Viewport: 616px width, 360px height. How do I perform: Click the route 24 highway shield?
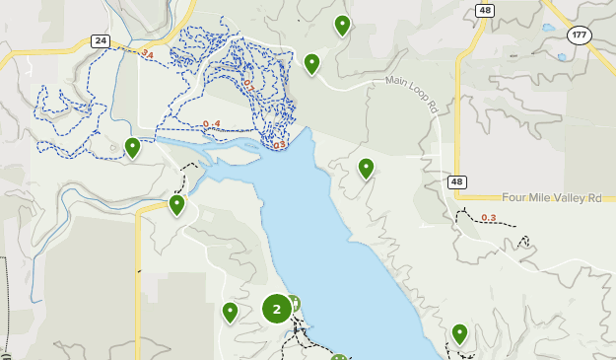click(x=100, y=40)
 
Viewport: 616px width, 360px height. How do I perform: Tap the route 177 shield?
click(x=578, y=35)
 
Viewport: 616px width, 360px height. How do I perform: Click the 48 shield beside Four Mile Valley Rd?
click(x=457, y=181)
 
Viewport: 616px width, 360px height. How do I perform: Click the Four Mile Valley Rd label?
click(x=551, y=197)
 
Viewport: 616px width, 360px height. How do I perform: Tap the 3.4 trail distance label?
click(x=147, y=52)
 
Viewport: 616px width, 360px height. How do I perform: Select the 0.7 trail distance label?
click(x=248, y=87)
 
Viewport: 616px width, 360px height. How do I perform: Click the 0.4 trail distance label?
click(x=211, y=124)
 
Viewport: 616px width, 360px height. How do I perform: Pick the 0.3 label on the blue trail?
click(x=279, y=145)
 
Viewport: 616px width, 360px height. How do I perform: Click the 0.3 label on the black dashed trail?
click(x=489, y=218)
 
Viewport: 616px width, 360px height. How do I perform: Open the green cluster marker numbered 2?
click(x=276, y=310)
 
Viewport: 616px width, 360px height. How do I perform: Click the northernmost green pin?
click(x=342, y=24)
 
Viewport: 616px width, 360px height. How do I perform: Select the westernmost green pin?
click(x=132, y=147)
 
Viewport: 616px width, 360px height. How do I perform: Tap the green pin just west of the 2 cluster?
click(x=230, y=311)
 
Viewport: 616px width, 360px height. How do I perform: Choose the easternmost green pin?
click(x=459, y=332)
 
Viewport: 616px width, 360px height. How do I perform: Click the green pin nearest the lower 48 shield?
click(x=366, y=167)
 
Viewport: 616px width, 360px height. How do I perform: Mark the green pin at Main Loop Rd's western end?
click(x=311, y=63)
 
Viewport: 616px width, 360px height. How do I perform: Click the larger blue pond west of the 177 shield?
click(x=547, y=27)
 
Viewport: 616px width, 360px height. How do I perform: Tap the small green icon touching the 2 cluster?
click(x=293, y=304)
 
